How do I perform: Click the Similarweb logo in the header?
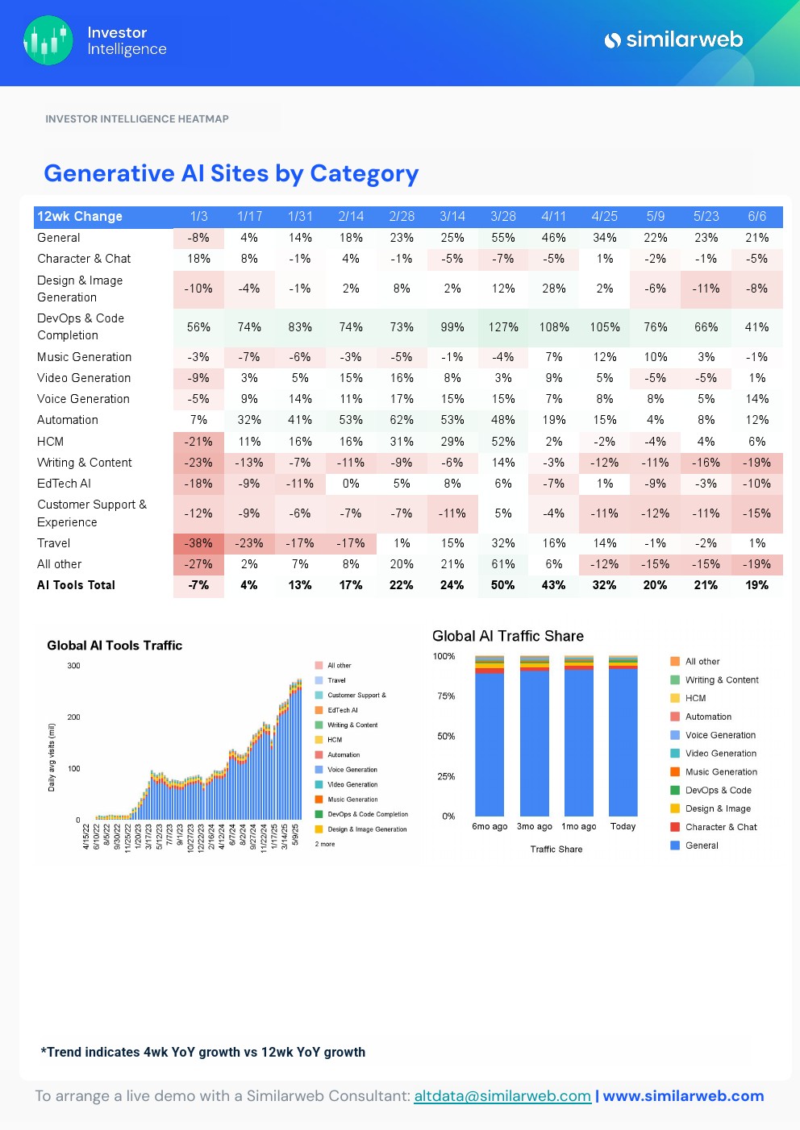point(673,39)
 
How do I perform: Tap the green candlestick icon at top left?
point(48,40)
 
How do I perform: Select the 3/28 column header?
point(503,216)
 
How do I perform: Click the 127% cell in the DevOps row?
point(503,327)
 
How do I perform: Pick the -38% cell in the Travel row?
point(198,543)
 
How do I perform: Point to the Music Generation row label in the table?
point(84,357)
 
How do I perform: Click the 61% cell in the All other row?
point(503,564)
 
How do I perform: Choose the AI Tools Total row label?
point(76,585)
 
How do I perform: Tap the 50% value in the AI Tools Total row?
point(503,585)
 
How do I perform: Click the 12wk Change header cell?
point(80,216)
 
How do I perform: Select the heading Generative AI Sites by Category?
point(231,173)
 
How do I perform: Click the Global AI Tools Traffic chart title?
point(115,646)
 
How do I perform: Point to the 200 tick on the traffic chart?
point(73,717)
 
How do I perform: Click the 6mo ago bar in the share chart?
point(490,742)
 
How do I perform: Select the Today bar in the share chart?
point(623,742)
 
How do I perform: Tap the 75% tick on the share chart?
point(446,696)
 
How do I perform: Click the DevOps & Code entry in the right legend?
point(718,791)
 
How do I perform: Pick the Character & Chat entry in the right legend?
point(720,827)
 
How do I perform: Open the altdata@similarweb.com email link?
point(502,1096)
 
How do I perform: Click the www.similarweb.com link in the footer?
point(683,1096)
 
